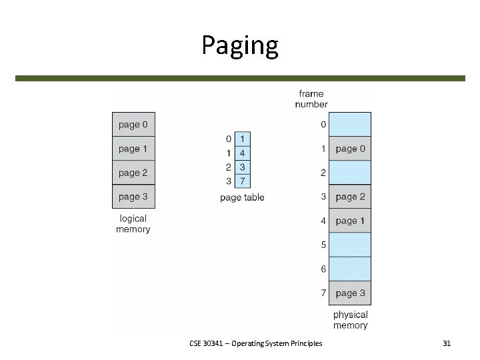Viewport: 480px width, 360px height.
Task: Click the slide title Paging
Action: click(240, 45)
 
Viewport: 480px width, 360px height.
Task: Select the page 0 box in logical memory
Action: click(133, 125)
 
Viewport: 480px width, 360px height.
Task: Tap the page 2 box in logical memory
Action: click(133, 173)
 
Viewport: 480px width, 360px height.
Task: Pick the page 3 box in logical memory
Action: click(133, 197)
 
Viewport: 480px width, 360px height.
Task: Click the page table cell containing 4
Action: click(242, 153)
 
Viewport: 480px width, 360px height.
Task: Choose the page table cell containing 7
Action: click(242, 181)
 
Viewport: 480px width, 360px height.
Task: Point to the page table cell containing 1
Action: click(242, 139)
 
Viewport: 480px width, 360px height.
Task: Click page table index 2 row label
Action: click(229, 167)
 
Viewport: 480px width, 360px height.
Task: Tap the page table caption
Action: click(242, 197)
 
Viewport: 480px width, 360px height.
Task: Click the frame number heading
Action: click(311, 99)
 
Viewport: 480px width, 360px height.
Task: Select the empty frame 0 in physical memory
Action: click(351, 125)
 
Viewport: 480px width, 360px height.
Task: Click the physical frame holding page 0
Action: click(351, 149)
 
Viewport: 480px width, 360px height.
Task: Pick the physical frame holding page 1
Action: click(351, 221)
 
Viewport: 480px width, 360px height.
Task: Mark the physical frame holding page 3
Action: click(351, 293)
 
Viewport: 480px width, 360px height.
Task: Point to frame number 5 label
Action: click(323, 245)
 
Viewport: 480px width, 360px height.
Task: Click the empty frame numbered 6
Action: click(351, 269)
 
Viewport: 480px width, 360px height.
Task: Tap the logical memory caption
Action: click(133, 224)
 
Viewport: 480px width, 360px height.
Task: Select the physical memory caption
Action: click(351, 320)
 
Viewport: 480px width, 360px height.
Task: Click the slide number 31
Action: click(447, 343)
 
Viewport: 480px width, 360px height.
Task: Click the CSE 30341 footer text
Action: click(255, 343)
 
